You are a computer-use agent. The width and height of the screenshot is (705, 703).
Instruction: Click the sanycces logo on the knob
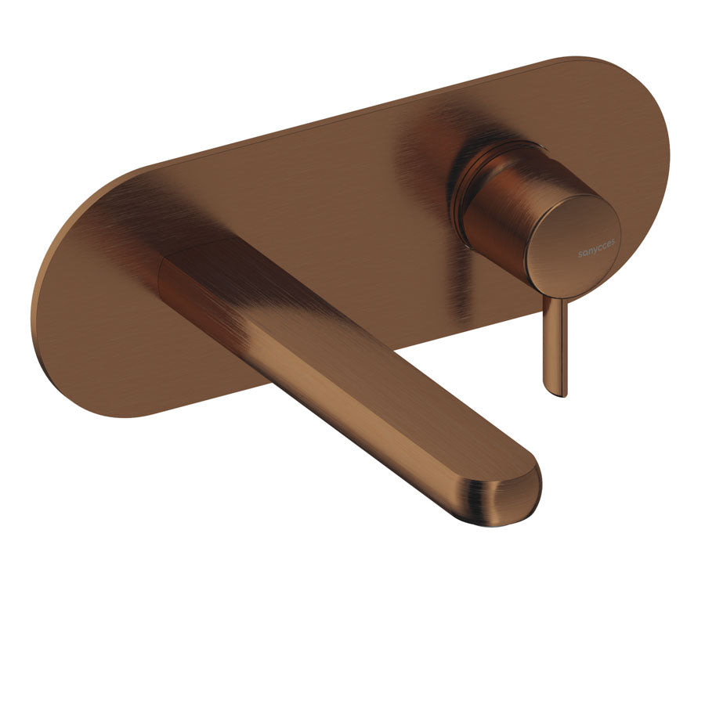pyautogui.click(x=596, y=247)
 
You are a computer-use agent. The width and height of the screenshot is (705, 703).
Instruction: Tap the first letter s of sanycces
pyautogui.click(x=580, y=254)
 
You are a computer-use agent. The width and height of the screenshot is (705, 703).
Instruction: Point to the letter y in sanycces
pyautogui.click(x=594, y=251)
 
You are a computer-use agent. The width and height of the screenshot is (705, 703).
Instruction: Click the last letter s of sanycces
pyautogui.click(x=613, y=242)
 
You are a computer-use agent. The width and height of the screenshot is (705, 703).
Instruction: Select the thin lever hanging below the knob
pyautogui.click(x=555, y=346)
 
